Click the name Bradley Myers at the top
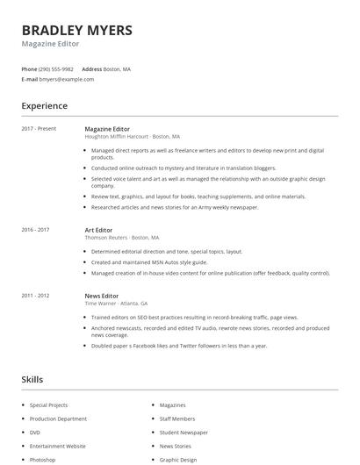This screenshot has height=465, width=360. point(77,31)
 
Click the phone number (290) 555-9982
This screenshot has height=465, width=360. point(57,68)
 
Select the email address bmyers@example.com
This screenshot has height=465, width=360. point(67,79)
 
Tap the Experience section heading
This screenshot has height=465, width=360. point(45,106)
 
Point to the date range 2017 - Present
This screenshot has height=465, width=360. point(39,129)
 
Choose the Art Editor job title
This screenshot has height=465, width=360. point(98,230)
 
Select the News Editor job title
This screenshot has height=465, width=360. point(101,296)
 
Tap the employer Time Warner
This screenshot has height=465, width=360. point(102,304)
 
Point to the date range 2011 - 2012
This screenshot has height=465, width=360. point(35,296)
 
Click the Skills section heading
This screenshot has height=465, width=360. point(32,380)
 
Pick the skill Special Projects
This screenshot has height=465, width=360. point(50,405)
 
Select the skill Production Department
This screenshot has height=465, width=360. point(58,418)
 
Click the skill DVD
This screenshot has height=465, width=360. point(35,433)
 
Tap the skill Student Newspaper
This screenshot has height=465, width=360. point(184,433)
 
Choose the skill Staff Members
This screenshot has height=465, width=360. point(177,418)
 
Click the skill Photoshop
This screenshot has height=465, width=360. point(42,460)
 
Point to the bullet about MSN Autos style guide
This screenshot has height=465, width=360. point(149,261)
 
